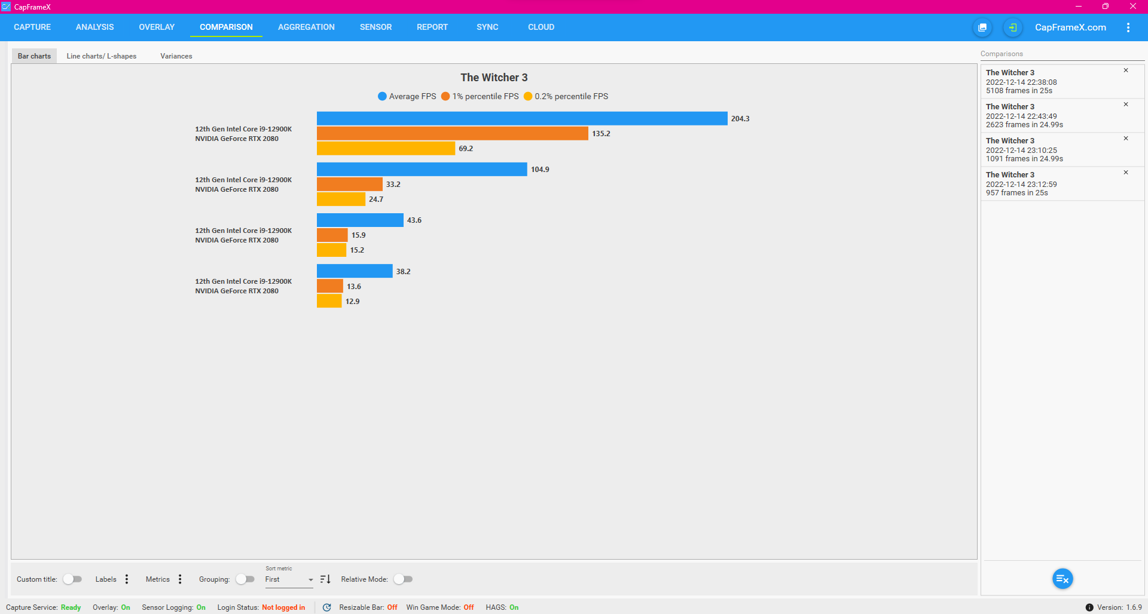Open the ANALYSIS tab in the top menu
(94, 27)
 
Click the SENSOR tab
(375, 27)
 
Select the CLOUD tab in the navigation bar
(541, 27)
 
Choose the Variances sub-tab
(176, 56)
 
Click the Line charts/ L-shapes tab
(101, 56)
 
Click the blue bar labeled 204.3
(521, 118)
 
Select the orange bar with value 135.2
(452, 133)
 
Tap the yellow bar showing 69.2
(386, 148)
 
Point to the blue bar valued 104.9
(422, 169)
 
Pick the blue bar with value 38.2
(355, 271)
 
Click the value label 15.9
(358, 235)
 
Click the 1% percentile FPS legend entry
(480, 96)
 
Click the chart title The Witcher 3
(494, 78)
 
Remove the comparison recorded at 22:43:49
(1125, 105)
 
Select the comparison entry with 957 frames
(1052, 184)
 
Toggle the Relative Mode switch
(404, 579)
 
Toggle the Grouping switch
(245, 579)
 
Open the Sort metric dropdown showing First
(289, 580)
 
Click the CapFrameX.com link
(1070, 27)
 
